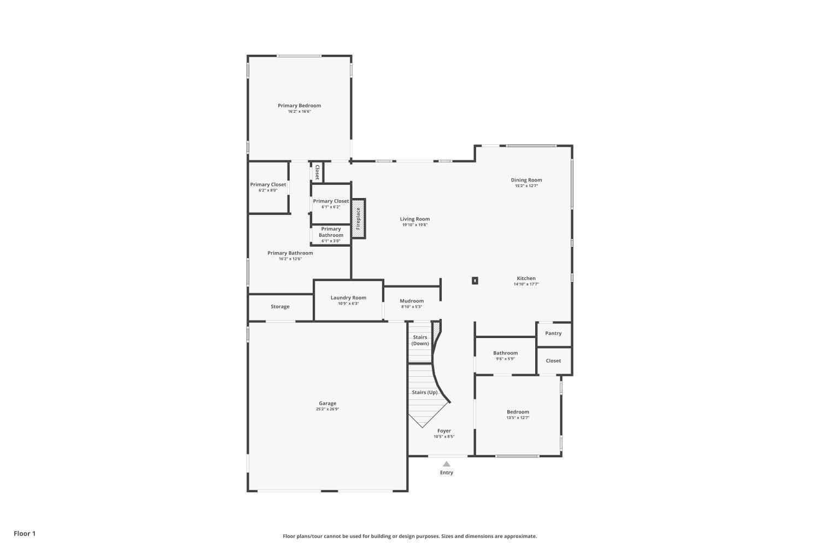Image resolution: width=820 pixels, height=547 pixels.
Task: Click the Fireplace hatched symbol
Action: [x=358, y=218]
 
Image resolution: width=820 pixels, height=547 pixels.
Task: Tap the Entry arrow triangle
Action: [x=447, y=464]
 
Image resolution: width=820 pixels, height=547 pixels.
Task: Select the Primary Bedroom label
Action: [x=299, y=106]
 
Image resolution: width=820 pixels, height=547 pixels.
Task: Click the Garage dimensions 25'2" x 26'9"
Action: [x=327, y=409]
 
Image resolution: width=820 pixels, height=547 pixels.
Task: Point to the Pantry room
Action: [x=553, y=333]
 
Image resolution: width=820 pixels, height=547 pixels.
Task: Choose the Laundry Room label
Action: [x=348, y=298]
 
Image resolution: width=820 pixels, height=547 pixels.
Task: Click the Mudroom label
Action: [x=412, y=301]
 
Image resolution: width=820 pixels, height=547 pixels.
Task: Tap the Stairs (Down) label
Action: [x=420, y=340]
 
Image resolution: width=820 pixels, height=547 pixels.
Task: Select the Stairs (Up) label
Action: [x=424, y=392]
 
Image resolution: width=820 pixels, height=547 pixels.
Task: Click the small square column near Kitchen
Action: [x=475, y=281]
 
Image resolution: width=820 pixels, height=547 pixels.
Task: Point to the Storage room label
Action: [x=280, y=307]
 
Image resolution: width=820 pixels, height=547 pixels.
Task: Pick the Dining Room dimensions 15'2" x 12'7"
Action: [x=526, y=186]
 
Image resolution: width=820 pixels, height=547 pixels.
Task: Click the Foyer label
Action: [x=444, y=430]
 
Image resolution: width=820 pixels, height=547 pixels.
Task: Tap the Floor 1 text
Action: [x=25, y=533]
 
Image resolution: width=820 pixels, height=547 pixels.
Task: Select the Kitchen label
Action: [x=526, y=278]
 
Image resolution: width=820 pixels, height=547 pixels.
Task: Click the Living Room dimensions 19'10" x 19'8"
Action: [x=415, y=225]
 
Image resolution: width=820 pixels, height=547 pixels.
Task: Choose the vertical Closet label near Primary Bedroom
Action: [x=317, y=172]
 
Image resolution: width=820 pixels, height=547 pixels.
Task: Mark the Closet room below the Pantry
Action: [x=553, y=360]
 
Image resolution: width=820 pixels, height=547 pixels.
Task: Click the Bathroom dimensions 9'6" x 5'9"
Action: [x=505, y=359]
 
